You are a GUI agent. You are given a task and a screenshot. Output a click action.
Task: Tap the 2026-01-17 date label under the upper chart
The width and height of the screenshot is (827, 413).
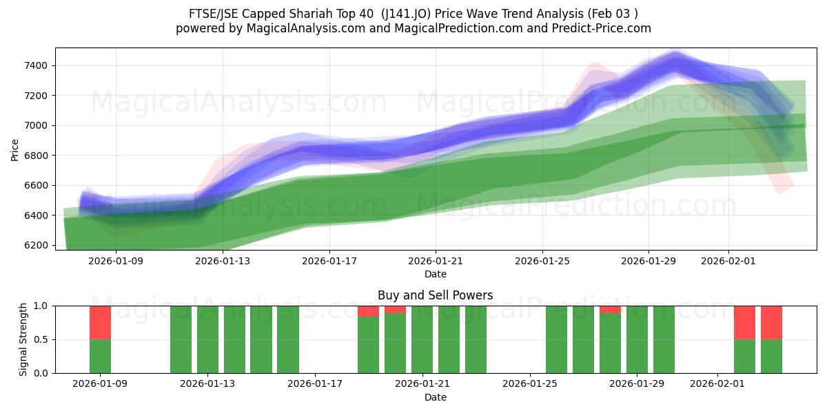(x=329, y=262)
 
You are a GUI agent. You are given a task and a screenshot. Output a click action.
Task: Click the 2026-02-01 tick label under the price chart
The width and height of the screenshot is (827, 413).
(x=728, y=262)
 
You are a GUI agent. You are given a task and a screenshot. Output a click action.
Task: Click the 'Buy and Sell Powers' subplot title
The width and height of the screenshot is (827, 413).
(x=435, y=295)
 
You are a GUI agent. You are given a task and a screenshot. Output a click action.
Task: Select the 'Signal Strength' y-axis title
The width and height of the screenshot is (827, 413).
(x=23, y=339)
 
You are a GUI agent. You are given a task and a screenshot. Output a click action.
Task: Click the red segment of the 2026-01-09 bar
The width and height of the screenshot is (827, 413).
(x=100, y=322)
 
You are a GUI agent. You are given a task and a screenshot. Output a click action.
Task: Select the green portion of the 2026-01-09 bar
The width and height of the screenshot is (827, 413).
(x=100, y=356)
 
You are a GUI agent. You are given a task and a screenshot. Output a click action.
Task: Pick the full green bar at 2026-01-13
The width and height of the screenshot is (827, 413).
(x=207, y=339)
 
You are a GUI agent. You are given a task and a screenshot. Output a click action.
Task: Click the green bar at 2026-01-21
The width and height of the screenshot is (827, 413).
(x=422, y=339)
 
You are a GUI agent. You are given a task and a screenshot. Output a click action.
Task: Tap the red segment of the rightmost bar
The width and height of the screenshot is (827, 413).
(x=771, y=322)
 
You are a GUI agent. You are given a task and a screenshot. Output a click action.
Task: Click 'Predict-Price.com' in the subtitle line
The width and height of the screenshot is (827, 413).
(x=602, y=28)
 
